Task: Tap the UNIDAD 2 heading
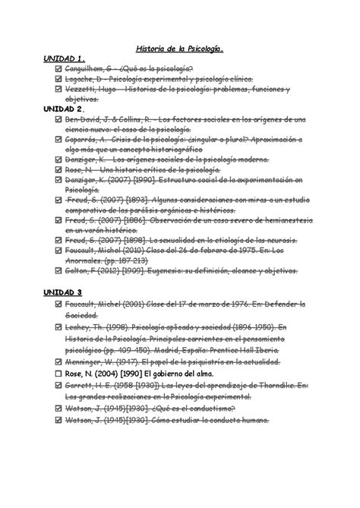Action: (65, 109)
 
